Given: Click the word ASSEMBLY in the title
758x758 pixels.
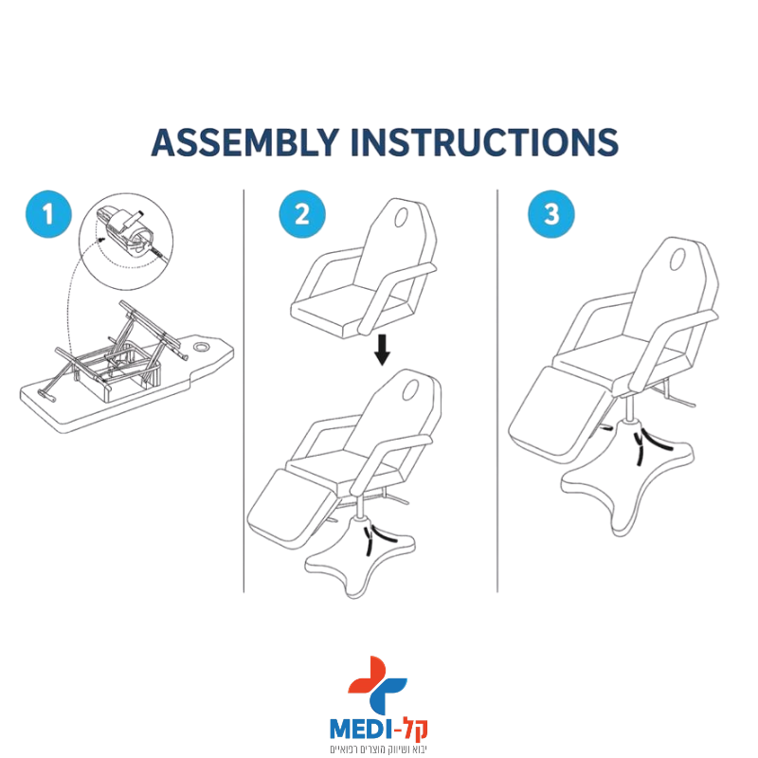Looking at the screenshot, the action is (x=244, y=142).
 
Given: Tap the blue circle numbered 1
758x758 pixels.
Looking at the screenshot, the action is (x=48, y=214).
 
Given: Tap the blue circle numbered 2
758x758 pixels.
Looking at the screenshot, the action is (x=302, y=214).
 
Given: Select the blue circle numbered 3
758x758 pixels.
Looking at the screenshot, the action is (x=551, y=214).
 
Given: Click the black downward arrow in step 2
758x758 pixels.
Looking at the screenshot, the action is (x=382, y=349).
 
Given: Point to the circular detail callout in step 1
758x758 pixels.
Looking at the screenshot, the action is (x=126, y=242).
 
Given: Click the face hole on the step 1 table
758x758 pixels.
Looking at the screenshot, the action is (x=201, y=347).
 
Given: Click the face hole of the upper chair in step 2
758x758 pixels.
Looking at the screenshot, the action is (x=401, y=218).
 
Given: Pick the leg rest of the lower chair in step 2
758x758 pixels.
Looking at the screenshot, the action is (x=290, y=509).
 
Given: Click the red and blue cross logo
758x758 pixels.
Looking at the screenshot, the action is (x=377, y=684).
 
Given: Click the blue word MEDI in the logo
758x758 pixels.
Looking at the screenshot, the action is (x=360, y=729).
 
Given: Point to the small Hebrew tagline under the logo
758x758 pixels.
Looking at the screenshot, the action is (x=378, y=749).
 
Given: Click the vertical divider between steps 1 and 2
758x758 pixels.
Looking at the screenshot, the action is (x=244, y=390).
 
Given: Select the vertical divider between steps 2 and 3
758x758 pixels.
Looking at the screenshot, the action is (x=497, y=390).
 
